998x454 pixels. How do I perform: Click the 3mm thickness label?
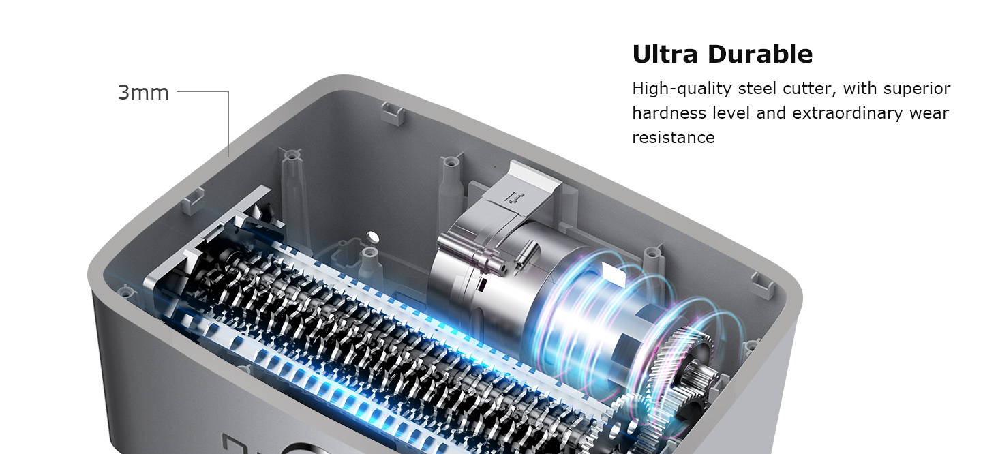click(143, 92)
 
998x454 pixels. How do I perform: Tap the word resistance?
click(673, 137)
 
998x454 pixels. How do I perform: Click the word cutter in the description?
click(809, 89)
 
